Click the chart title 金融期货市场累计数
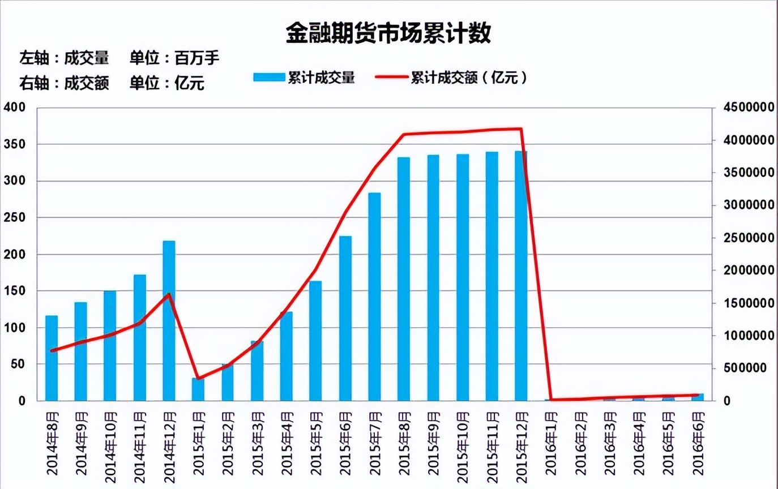click(388, 34)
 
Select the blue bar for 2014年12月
click(169, 320)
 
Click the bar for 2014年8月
click(52, 358)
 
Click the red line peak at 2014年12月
click(169, 294)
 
